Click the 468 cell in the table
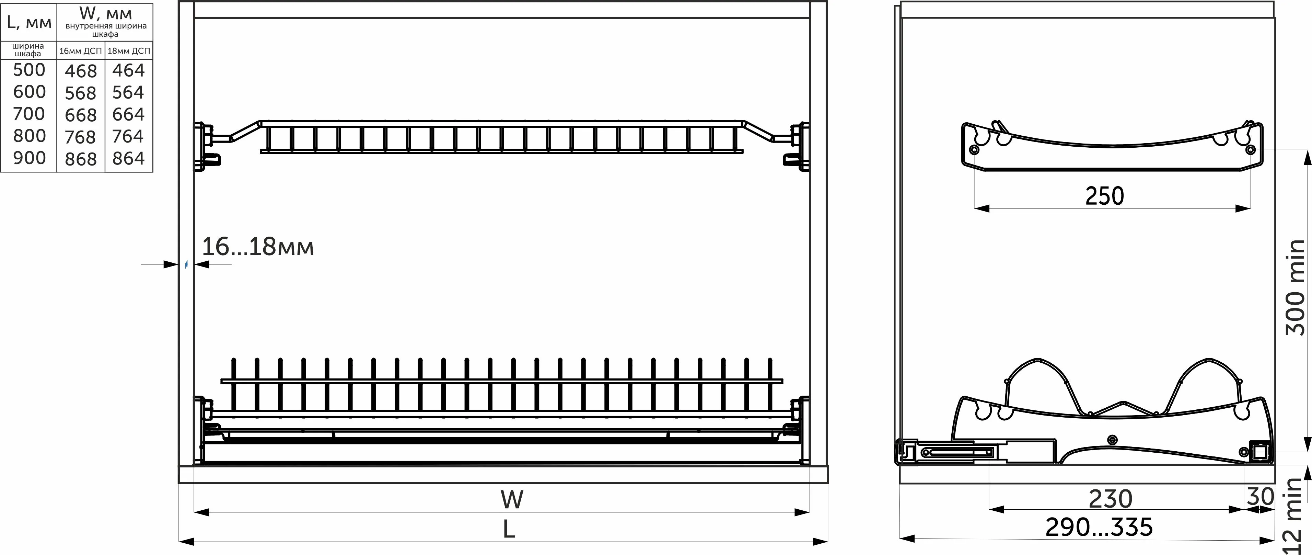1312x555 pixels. (x=80, y=71)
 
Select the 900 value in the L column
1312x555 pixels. (x=30, y=158)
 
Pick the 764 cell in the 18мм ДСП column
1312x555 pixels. (x=128, y=137)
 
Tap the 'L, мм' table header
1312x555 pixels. (x=29, y=22)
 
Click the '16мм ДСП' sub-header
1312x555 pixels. (x=80, y=51)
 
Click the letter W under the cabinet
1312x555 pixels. (x=511, y=499)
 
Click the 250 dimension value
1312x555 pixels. (x=1104, y=196)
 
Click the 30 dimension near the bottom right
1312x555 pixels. (x=1260, y=496)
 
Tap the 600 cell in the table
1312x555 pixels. (x=30, y=92)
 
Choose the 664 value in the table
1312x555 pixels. (x=128, y=115)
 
